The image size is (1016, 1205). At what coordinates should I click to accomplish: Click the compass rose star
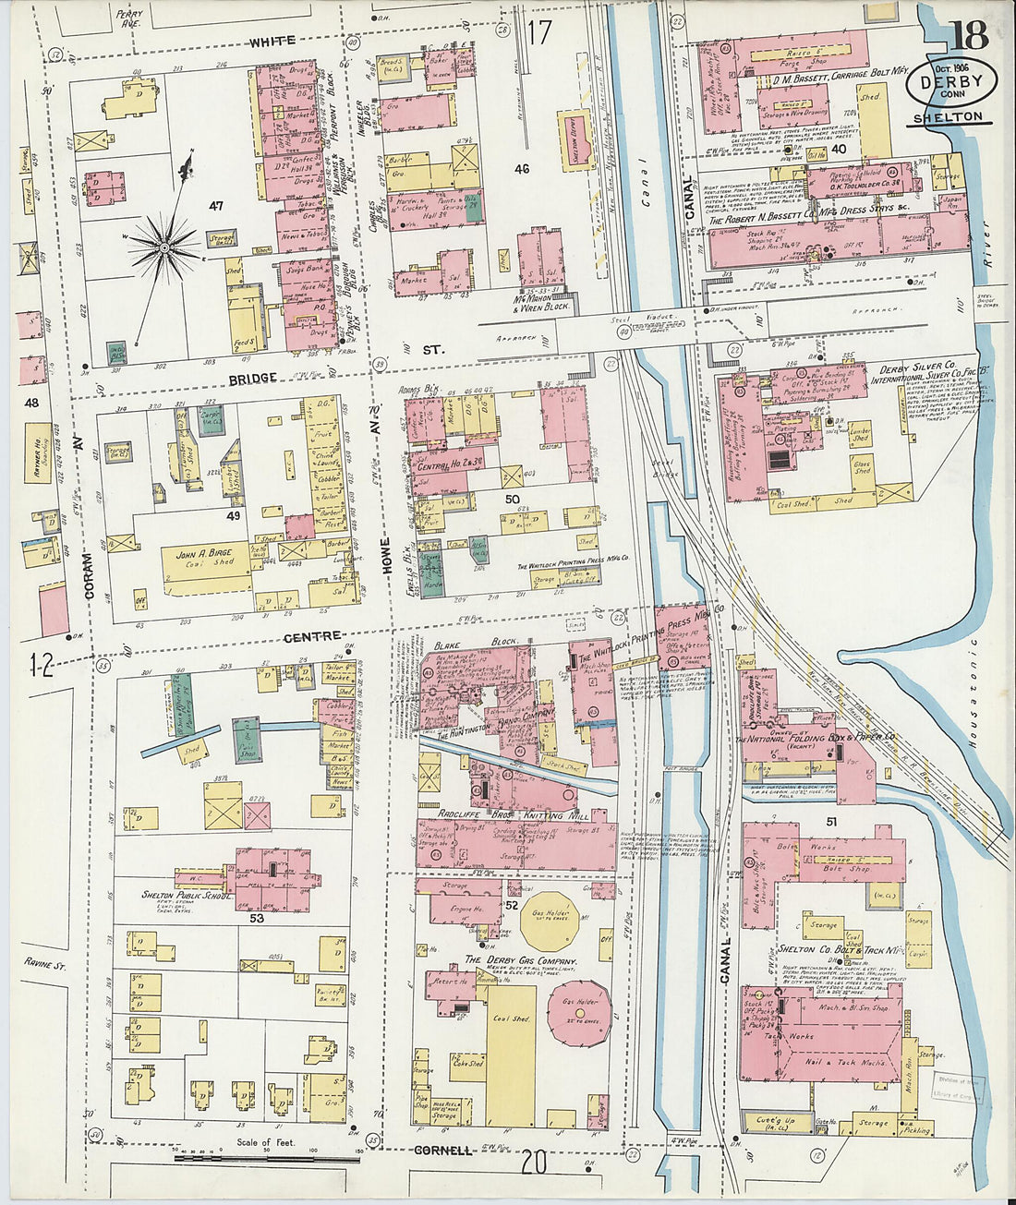[164, 247]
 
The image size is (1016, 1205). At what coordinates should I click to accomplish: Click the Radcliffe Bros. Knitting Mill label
[514, 815]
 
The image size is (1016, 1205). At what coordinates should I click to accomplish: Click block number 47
[216, 205]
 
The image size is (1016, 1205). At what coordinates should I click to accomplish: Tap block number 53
[256, 918]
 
